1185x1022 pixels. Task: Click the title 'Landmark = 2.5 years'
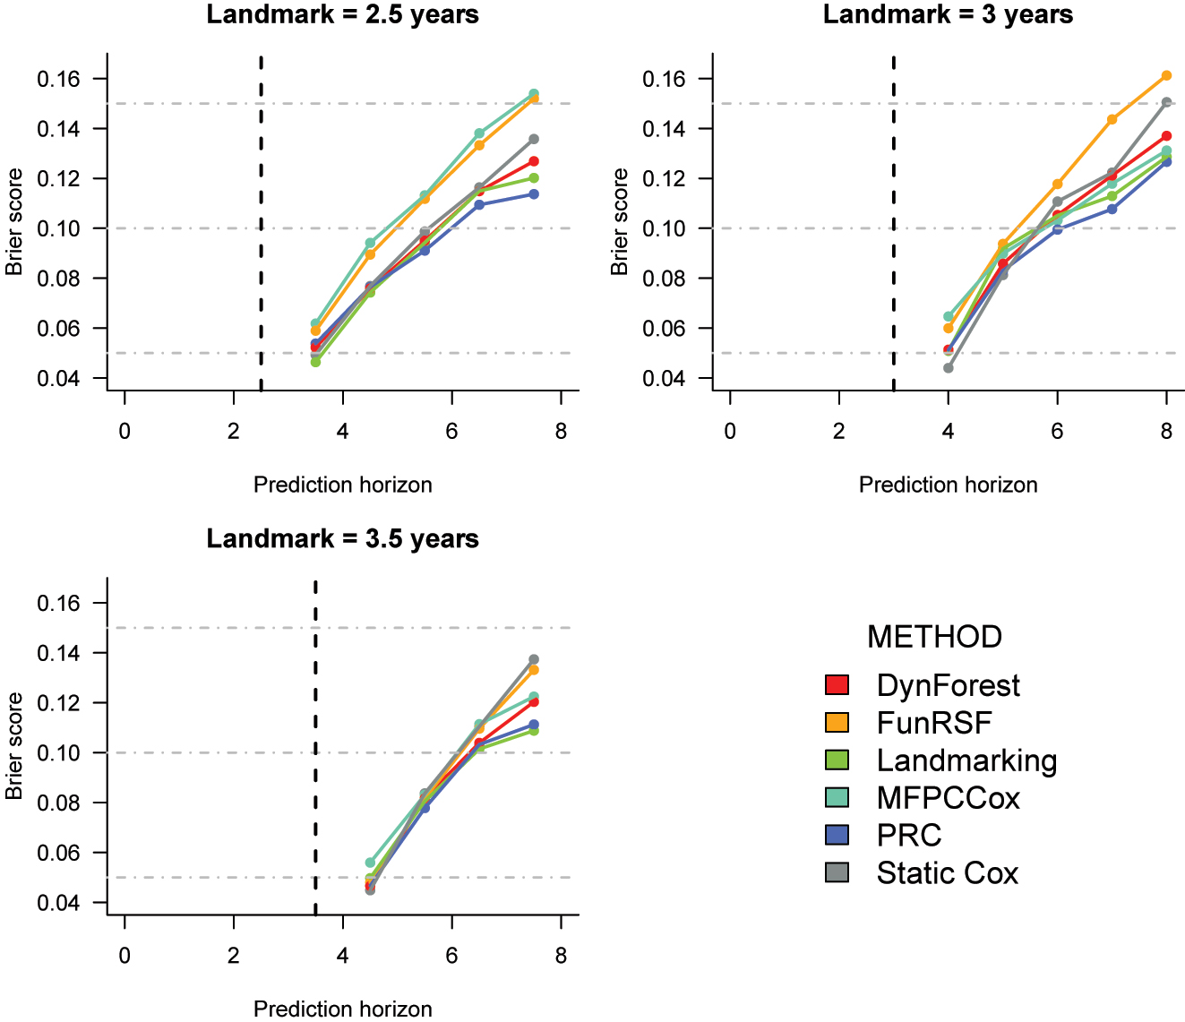pos(342,15)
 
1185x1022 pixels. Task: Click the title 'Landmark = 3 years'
pos(948,15)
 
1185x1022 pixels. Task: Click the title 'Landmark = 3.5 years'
pos(342,539)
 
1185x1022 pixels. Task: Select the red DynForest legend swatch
pos(837,685)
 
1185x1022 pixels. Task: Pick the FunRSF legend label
pos(934,723)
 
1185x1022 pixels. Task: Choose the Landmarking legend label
pos(966,760)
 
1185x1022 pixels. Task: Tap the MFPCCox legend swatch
pos(837,797)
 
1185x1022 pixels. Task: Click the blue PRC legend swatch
pos(837,835)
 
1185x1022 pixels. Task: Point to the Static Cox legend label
pos(947,872)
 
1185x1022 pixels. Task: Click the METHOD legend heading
pos(934,637)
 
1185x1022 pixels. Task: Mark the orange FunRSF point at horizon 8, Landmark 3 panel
pos(1166,76)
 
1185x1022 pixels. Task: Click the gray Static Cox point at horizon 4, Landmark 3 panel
pos(949,368)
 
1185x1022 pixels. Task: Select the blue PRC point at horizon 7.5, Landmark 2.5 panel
pos(534,194)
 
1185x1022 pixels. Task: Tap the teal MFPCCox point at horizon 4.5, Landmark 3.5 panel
pos(370,863)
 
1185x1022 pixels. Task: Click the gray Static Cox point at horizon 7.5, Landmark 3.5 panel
pos(534,659)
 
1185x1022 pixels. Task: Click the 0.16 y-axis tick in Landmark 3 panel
pos(663,80)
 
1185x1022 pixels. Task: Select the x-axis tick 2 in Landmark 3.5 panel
pos(234,956)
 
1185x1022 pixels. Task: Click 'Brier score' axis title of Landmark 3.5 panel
pos(15,746)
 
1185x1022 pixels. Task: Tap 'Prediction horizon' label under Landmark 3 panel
pos(948,485)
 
